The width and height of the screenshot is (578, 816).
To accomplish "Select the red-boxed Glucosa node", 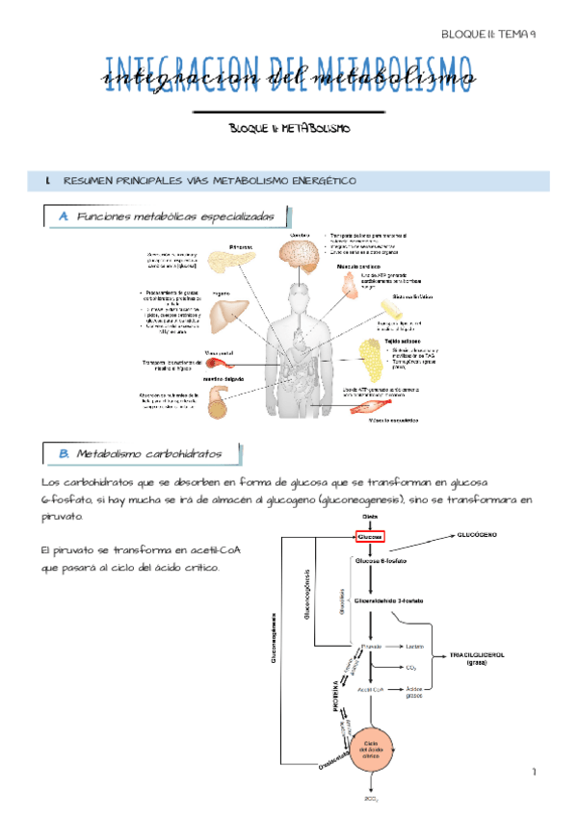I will point(370,536).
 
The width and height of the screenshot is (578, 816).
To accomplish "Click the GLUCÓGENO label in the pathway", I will point(477,532).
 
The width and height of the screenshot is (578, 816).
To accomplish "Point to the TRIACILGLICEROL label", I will point(476,657).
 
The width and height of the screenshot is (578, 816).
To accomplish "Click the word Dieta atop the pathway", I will point(371,518).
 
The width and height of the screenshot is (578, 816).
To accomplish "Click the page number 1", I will point(531,773).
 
